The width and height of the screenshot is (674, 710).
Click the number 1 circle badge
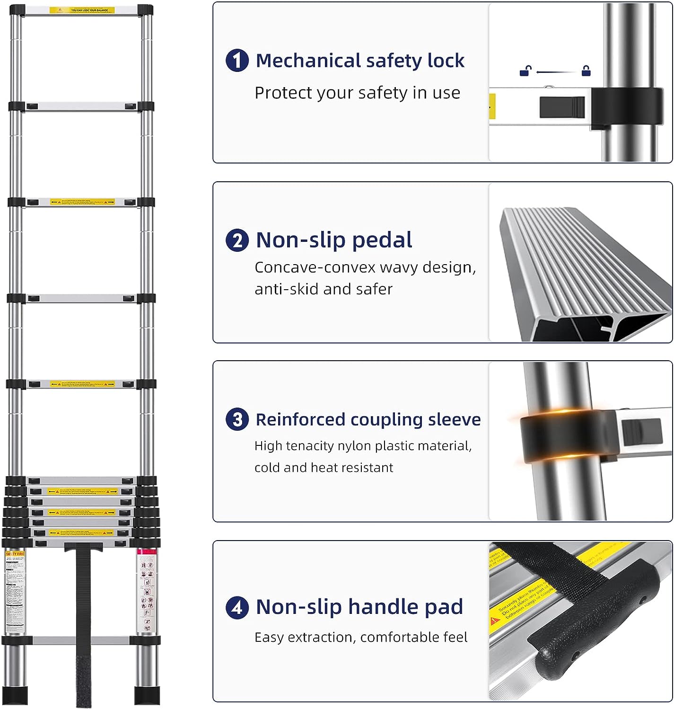click(x=237, y=61)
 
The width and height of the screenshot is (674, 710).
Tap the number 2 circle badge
click(x=237, y=240)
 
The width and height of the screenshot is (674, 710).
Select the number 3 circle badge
click(x=237, y=420)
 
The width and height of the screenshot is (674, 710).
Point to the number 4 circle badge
click(x=237, y=607)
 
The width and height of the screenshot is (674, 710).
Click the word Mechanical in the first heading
click(x=308, y=61)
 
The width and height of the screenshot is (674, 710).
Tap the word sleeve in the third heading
click(x=454, y=420)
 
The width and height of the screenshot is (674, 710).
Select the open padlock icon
click(x=525, y=71)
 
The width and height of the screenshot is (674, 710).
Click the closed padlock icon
click(x=586, y=71)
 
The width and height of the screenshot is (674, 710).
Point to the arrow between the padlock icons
click(x=556, y=72)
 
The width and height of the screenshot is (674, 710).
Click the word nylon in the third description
click(x=355, y=446)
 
